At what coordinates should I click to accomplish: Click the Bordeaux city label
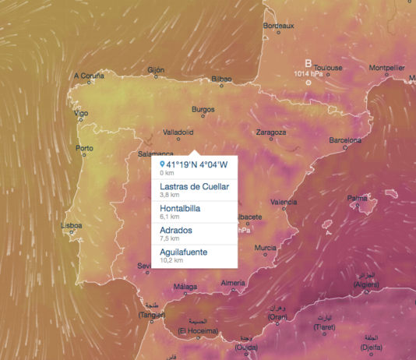pos(279,26)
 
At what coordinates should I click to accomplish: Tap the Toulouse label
pos(329,68)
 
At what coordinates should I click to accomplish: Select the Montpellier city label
pos(386,68)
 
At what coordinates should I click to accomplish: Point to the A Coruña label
pos(88,76)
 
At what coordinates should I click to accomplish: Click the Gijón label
pos(156,69)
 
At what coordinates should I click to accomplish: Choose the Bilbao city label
pos(221,79)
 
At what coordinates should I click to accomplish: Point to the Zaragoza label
pos(271,132)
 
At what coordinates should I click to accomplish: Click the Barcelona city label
pos(345,140)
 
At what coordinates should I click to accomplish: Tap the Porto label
pos(83,148)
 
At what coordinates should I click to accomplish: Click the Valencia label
pos(284,202)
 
